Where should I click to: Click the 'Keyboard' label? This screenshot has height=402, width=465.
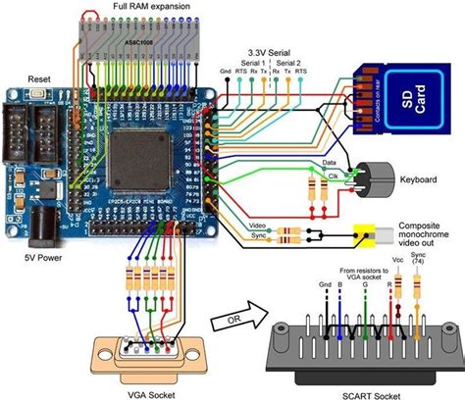418,179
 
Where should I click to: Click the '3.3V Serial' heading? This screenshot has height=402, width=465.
266,47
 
